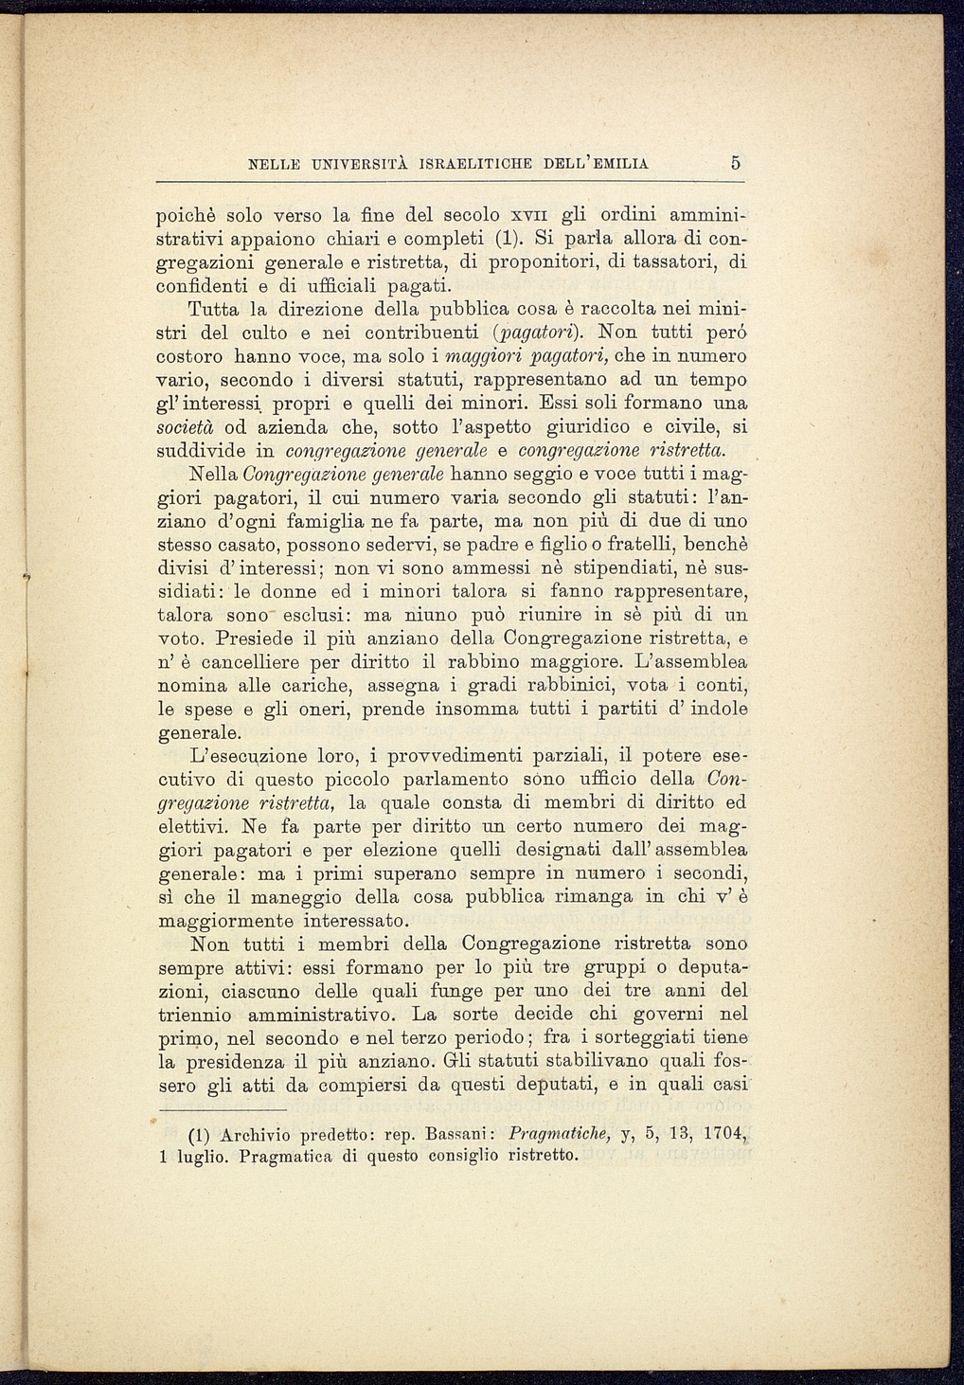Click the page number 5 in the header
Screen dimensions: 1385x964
point(735,163)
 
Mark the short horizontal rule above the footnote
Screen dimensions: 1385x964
point(222,1109)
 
